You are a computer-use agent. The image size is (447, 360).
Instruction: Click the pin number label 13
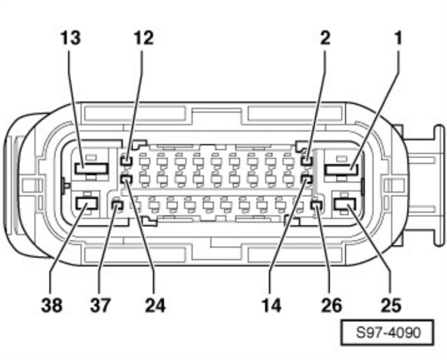(x=71, y=39)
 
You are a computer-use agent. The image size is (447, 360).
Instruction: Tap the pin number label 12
(x=143, y=39)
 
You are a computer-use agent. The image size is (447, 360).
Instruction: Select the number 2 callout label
(x=325, y=39)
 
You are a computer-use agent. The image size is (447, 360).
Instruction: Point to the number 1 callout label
(x=398, y=39)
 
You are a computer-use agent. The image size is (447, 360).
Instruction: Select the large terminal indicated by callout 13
(x=91, y=168)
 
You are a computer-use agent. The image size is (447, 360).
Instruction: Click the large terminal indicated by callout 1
(x=340, y=169)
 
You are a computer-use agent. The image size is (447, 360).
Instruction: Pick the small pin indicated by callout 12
(x=127, y=162)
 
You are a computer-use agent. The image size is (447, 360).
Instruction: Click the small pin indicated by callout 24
(x=127, y=179)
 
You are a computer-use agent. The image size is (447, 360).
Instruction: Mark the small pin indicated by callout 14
(x=306, y=179)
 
